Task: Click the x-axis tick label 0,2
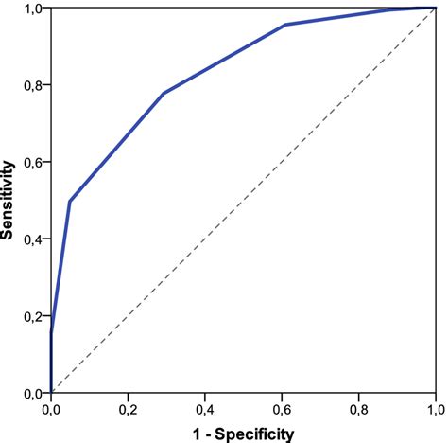128,410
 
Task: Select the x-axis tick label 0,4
204,410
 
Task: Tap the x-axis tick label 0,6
282,410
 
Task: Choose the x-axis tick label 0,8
358,410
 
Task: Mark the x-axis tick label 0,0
51,410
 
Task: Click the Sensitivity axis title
9,200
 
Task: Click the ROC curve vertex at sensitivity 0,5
70,201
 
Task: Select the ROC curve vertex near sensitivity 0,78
164,93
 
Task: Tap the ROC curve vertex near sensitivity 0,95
285,25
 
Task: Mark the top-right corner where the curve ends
434,8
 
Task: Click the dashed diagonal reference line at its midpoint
243,200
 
